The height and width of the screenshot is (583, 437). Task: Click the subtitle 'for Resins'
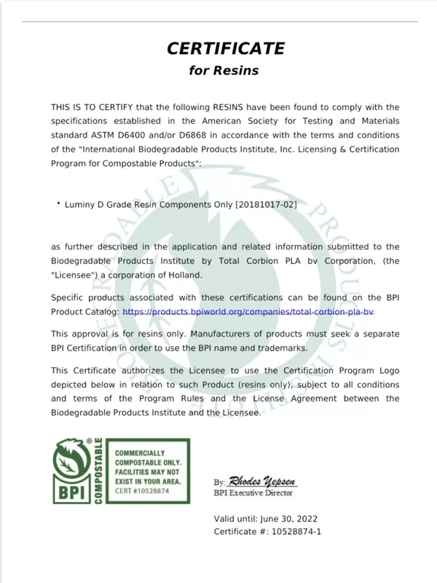point(224,71)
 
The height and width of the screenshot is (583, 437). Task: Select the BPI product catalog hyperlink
point(248,311)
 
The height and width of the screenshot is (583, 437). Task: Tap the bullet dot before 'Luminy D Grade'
point(58,204)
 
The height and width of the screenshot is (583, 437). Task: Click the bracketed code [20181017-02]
point(266,205)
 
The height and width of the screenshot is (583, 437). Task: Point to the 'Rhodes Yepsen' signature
point(262,482)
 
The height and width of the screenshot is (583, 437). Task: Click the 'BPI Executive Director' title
point(253,493)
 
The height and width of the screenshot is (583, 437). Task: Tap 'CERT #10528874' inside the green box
point(142,491)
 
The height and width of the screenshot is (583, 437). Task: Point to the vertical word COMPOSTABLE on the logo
point(98,472)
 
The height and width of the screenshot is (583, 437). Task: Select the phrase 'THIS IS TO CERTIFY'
point(91,107)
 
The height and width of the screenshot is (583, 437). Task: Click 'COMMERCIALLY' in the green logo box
point(140,453)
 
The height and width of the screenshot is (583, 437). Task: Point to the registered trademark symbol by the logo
point(89,442)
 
